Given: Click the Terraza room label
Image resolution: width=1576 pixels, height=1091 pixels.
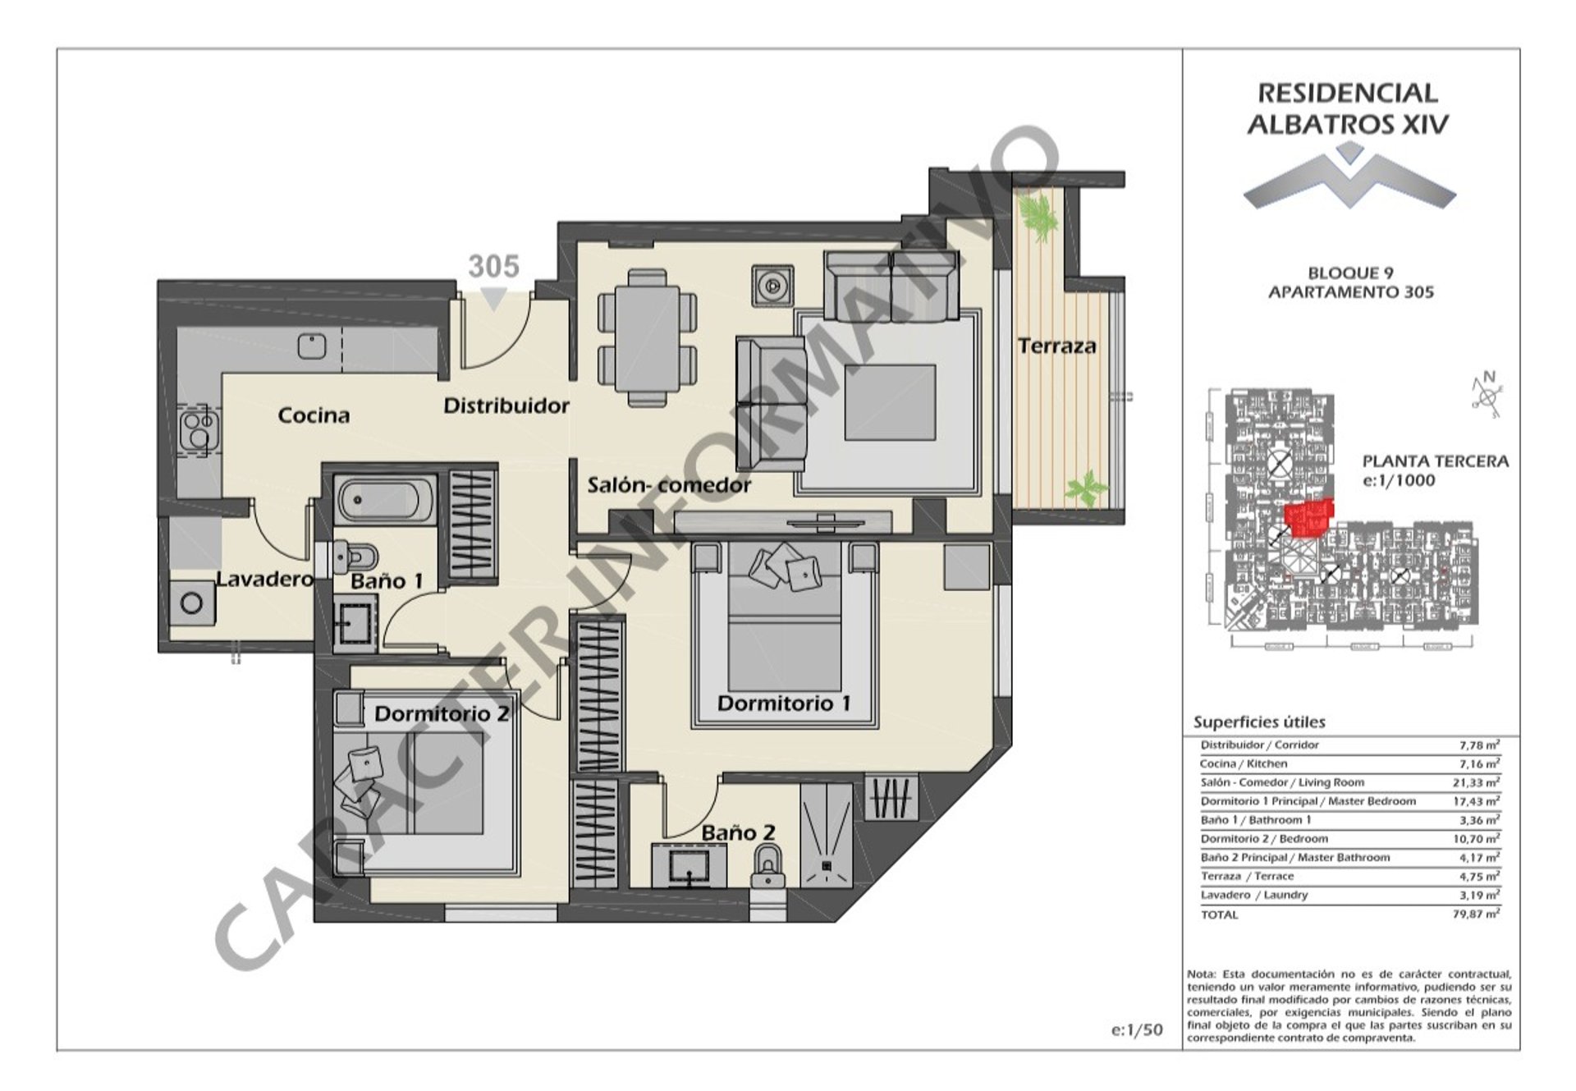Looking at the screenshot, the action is tap(1056, 346).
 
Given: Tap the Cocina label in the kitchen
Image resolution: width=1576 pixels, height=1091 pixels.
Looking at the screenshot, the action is tap(314, 415).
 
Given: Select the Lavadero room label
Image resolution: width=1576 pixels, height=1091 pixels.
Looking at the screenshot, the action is tap(264, 580).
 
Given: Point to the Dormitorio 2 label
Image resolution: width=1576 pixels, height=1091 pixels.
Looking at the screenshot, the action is tap(442, 714).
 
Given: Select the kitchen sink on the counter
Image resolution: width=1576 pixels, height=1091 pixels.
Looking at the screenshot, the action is tap(312, 346).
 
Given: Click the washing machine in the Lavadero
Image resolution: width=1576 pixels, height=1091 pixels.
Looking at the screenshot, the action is tap(193, 604).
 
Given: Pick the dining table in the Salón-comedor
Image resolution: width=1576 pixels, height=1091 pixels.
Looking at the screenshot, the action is tap(648, 337).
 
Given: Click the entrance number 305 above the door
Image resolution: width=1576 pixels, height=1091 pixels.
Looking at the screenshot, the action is tap(493, 267).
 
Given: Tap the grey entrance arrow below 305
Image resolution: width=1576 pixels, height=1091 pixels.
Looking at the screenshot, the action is tap(492, 299).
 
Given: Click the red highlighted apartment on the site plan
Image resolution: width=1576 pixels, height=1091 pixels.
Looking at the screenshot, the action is tap(1309, 518).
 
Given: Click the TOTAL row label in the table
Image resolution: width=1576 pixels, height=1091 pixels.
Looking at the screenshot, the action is tap(1219, 915).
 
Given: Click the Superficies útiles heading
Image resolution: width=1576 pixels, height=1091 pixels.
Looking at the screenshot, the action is tap(1259, 722).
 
